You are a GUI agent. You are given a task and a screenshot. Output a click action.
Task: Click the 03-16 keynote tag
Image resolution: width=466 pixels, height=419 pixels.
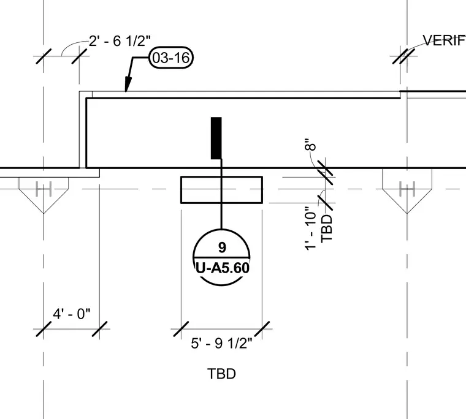click(x=171, y=58)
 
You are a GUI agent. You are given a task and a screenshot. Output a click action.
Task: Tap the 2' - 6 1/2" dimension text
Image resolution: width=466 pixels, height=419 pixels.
click(x=120, y=40)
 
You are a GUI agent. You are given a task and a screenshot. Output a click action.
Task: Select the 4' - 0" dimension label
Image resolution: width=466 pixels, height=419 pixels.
click(x=72, y=314)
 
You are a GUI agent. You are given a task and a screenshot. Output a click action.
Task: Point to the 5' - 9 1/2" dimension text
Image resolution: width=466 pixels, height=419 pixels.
click(x=221, y=343)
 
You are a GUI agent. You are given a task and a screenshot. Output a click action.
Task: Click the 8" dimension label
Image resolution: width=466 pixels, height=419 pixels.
click(x=311, y=145)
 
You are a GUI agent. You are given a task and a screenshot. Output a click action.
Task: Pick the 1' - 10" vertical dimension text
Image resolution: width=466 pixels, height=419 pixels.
click(x=311, y=228)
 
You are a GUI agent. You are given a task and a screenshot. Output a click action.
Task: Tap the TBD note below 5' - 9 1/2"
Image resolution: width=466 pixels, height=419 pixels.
click(x=222, y=374)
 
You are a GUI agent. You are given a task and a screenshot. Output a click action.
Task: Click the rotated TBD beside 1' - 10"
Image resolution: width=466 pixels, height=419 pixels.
click(x=327, y=228)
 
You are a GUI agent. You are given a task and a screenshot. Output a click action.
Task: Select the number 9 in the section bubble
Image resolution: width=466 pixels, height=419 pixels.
click(x=222, y=247)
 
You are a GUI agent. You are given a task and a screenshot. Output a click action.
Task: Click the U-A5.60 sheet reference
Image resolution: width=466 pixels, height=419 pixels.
click(x=222, y=268)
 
